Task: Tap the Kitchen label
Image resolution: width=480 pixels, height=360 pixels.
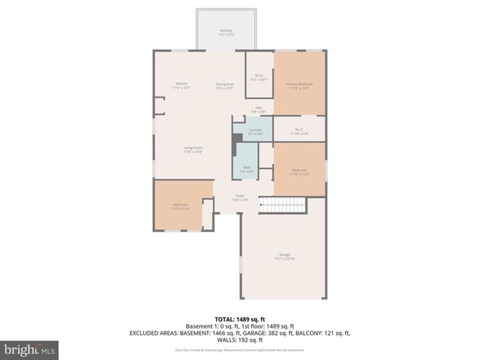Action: click(x=181, y=85)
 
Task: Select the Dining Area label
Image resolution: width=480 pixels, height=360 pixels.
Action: click(x=225, y=85)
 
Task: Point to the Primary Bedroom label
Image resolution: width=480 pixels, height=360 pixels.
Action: click(x=299, y=85)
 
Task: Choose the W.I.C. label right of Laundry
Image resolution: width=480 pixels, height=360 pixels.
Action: click(x=298, y=130)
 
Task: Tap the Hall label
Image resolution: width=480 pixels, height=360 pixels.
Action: click(x=257, y=109)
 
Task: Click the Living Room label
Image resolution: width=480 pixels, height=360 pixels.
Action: click(x=193, y=149)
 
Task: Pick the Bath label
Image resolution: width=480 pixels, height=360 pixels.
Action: click(x=247, y=169)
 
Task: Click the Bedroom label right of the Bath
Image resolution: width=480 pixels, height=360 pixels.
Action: click(x=299, y=172)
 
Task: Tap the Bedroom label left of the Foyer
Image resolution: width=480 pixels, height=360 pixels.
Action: click(x=181, y=206)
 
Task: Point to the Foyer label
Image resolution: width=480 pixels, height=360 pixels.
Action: click(x=239, y=197)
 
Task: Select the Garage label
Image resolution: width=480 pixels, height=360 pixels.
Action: click(x=284, y=256)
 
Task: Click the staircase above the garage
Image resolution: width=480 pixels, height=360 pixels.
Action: click(x=283, y=205)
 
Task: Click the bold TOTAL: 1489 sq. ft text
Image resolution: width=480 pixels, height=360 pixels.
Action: click(x=240, y=319)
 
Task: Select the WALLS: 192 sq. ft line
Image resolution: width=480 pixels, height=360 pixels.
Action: click(x=240, y=338)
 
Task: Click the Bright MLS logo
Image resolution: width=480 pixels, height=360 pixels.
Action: click(x=30, y=349)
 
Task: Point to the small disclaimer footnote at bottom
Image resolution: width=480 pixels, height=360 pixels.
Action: click(x=240, y=349)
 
